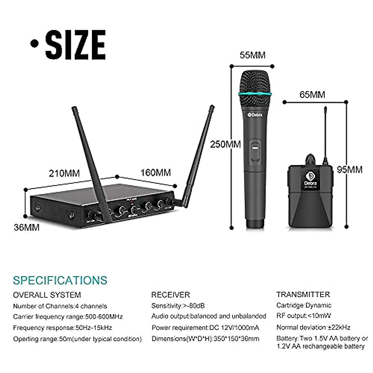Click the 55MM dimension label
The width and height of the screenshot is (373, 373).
[252, 55]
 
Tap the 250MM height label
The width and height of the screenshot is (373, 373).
[225, 145]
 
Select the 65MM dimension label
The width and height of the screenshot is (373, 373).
[312, 94]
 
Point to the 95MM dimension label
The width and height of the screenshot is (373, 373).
[350, 169]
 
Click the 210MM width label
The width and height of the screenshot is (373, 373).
[64, 173]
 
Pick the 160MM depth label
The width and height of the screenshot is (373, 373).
[155, 172]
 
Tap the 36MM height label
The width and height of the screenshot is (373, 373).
[27, 228]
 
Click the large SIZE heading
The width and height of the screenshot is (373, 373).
[75, 45]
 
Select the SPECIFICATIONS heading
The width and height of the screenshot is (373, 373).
[60, 280]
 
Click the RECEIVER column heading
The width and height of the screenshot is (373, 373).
[170, 295]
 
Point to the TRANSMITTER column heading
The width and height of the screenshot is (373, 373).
[303, 294]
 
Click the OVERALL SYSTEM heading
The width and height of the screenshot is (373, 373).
[47, 295]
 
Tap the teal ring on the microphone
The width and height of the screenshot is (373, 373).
[255, 93]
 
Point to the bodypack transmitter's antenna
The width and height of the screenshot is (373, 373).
[325, 134]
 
